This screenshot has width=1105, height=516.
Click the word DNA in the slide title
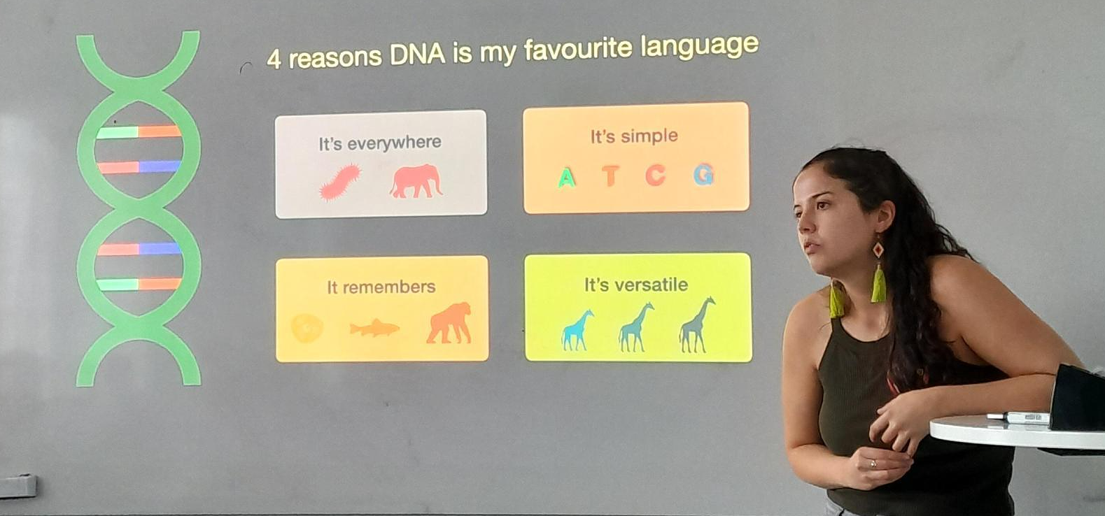point(417,55)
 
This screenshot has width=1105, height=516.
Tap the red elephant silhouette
point(416,181)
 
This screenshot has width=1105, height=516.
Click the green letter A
point(567,178)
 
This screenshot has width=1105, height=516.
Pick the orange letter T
point(611,176)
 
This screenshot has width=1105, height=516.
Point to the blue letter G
point(703,175)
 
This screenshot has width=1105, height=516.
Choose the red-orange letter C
point(656,175)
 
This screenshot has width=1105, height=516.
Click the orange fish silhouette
point(374,328)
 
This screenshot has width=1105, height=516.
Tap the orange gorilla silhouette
point(449,323)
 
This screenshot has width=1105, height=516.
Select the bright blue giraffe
point(577,331)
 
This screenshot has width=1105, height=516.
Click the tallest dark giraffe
point(697,325)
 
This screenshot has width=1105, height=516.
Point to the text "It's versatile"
point(636,285)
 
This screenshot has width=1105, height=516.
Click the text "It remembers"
point(381,287)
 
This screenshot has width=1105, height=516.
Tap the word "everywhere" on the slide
point(394,143)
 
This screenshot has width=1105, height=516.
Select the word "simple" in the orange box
point(649,136)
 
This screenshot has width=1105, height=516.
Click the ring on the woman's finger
point(873,464)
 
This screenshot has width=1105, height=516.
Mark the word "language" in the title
point(700,48)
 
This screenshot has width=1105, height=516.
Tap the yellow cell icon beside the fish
point(307,328)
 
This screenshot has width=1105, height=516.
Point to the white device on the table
point(1018,417)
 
